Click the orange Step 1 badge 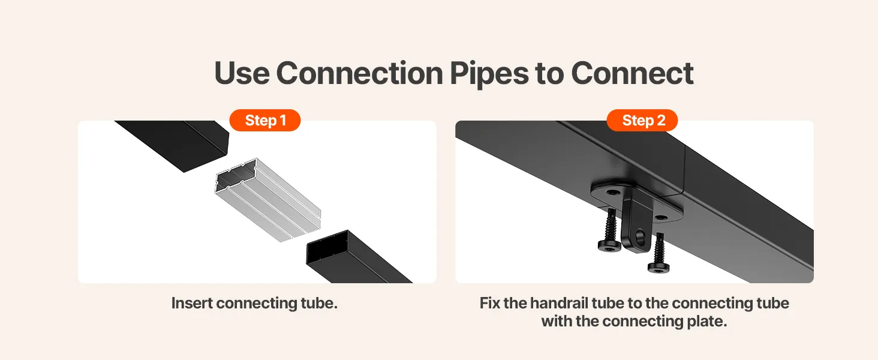(x=265, y=120)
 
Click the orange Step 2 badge (x=642, y=120)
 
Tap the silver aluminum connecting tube (x=268, y=199)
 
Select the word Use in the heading (x=242, y=73)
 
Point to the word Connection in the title (x=359, y=73)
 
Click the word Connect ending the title (x=632, y=73)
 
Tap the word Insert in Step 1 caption (x=192, y=303)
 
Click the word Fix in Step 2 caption (x=489, y=303)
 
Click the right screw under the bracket (x=659, y=253)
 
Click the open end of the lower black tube (x=327, y=247)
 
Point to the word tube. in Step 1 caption (x=319, y=303)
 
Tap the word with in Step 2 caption (x=557, y=321)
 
